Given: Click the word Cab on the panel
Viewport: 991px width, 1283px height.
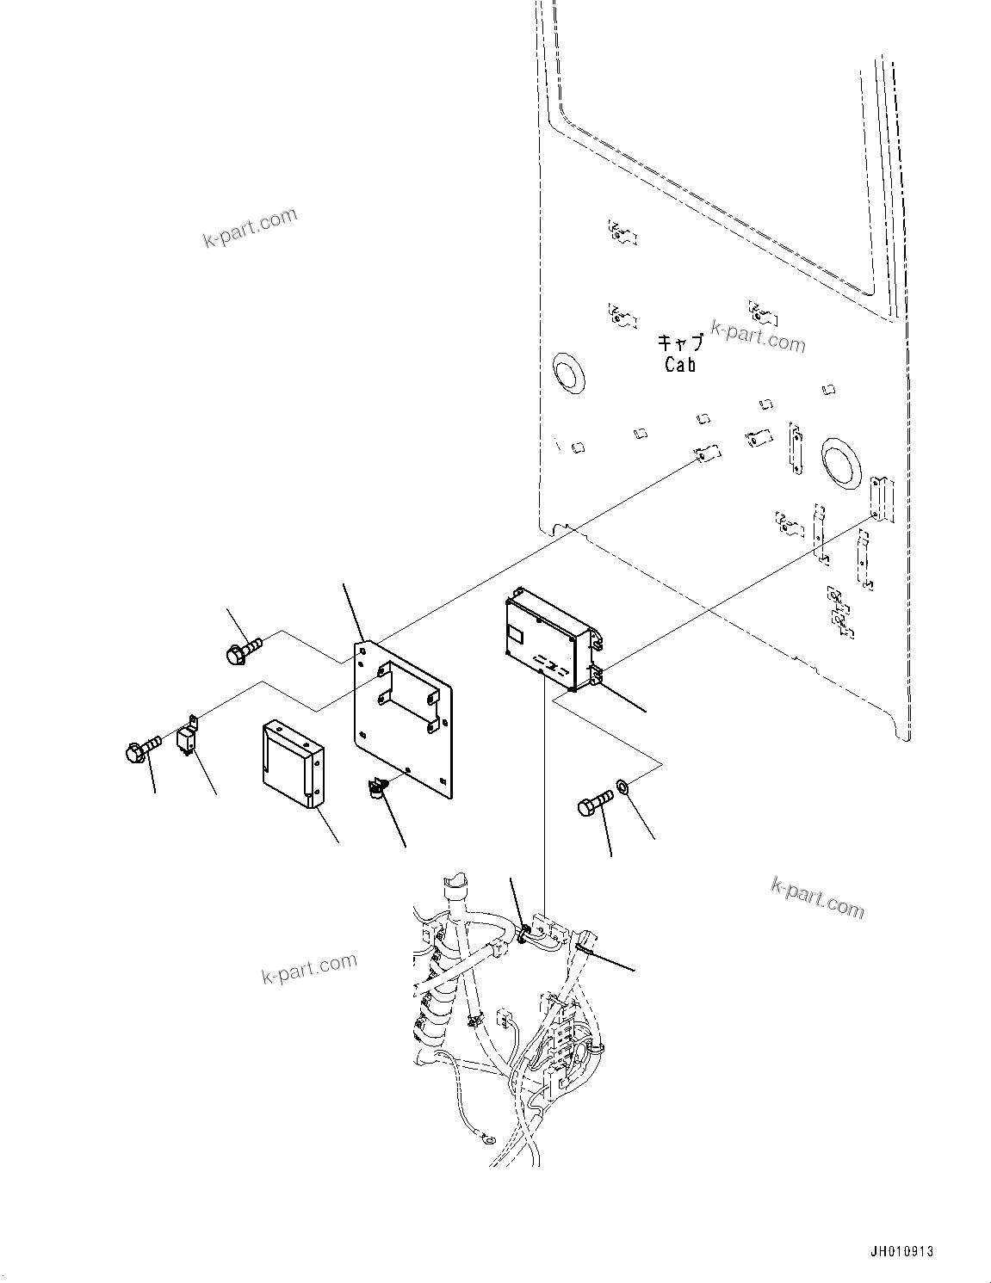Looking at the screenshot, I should pyautogui.click(x=679, y=364).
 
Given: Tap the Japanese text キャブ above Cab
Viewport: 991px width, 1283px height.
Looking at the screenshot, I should pyautogui.click(x=679, y=342).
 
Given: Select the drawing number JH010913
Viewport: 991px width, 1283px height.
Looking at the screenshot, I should pyautogui.click(x=901, y=1251).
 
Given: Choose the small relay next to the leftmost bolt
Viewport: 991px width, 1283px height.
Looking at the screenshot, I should pyautogui.click(x=187, y=737).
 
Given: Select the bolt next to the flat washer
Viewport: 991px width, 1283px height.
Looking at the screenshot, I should pyautogui.click(x=594, y=805).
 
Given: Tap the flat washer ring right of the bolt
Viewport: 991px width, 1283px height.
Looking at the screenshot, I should pyautogui.click(x=622, y=787).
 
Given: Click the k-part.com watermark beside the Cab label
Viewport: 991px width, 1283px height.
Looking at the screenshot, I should pyautogui.click(x=758, y=336).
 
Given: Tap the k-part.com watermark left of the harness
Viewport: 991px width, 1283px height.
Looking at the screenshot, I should pyautogui.click(x=308, y=969).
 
